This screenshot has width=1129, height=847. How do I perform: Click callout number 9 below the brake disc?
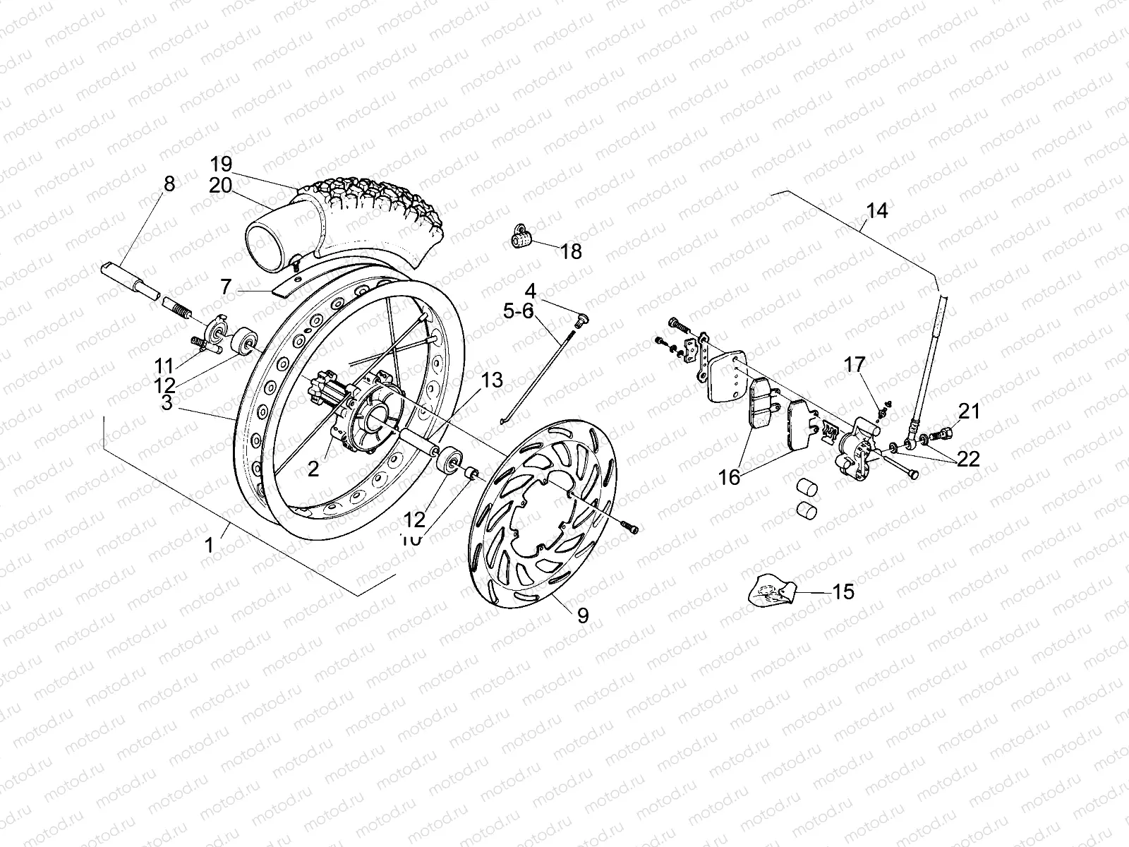click(582, 615)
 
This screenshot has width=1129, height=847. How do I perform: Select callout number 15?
click(843, 591)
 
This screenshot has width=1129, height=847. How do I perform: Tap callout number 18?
click(572, 251)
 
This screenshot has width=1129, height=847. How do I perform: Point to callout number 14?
click(877, 210)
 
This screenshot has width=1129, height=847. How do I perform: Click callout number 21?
click(970, 411)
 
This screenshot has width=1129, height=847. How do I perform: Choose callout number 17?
click(854, 365)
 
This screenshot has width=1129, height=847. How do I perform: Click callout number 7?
click(226, 287)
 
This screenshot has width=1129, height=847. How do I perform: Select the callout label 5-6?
click(519, 311)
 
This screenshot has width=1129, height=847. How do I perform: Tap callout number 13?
click(492, 381)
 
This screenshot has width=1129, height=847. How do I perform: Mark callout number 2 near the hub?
click(313, 469)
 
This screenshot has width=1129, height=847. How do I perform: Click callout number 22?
click(969, 459)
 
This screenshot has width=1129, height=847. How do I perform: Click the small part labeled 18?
click(521, 238)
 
